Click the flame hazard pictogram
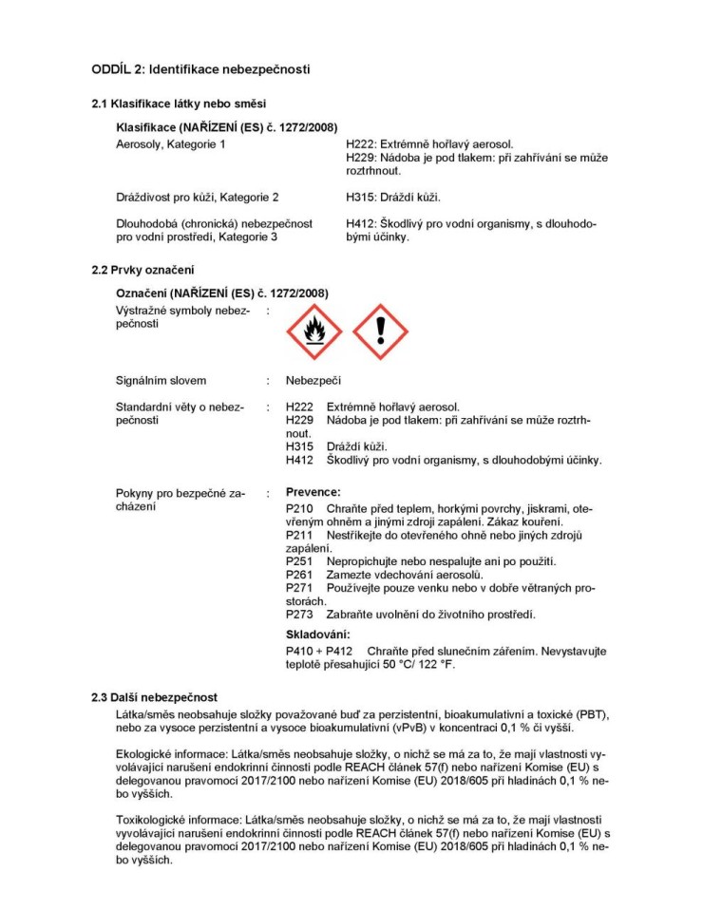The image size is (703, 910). point(313,332)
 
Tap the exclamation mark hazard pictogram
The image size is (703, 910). point(380,332)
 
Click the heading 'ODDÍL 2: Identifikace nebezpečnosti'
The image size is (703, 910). point(200,69)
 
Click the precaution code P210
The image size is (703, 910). point(299,509)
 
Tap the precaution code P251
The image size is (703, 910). point(299,561)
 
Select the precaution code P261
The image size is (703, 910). point(299,575)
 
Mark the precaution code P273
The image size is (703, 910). point(299,615)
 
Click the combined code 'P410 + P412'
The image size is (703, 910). point(318,652)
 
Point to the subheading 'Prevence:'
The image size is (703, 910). point(313,492)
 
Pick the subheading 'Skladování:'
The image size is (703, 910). point(318,634)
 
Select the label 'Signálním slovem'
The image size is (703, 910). point(161,381)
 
